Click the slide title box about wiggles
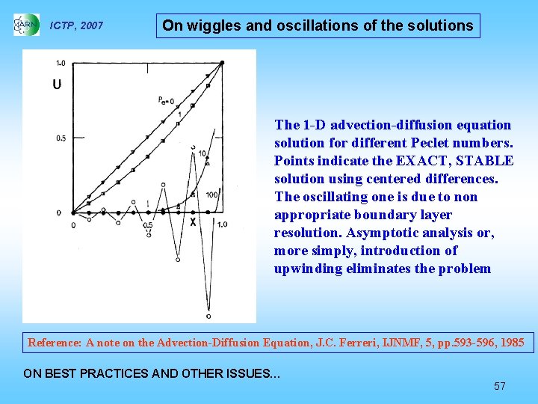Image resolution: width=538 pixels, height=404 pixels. pos(318,25)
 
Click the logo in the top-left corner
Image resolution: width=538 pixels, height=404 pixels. pos(26,25)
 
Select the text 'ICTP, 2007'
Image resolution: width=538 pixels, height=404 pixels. pos(76,26)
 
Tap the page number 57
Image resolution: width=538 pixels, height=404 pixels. pos(500,386)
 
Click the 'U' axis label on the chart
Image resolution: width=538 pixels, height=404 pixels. pos(57,85)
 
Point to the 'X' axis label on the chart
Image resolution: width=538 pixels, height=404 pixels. pos(193,222)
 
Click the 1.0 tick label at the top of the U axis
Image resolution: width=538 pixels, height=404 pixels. pos(59,63)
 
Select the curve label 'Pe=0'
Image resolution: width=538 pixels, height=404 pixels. pos(166,100)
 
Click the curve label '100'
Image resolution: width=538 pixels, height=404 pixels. pos(212,195)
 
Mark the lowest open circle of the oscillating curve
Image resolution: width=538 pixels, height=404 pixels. pos(208,316)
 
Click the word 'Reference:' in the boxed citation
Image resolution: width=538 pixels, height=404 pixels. pos(55,343)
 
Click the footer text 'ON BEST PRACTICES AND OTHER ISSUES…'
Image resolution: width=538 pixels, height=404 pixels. pos(152,373)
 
